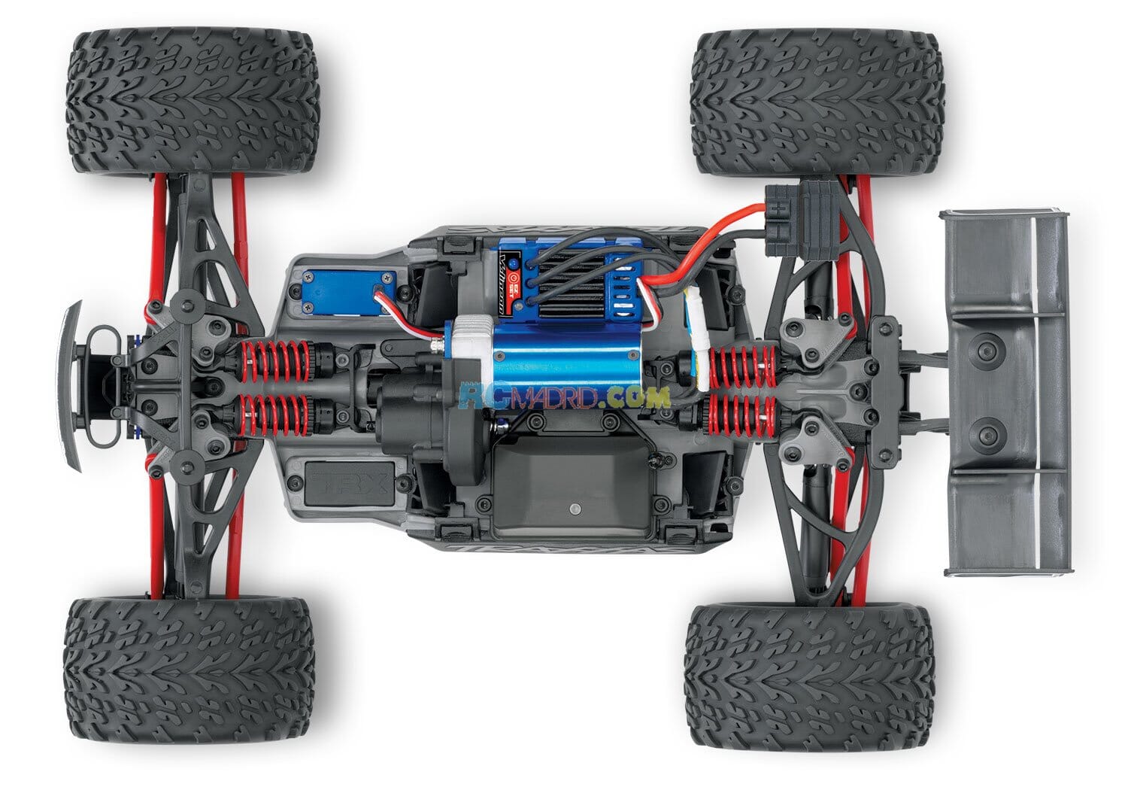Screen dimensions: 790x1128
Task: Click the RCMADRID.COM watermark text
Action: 564,397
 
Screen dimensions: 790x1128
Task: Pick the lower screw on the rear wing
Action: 987,431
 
